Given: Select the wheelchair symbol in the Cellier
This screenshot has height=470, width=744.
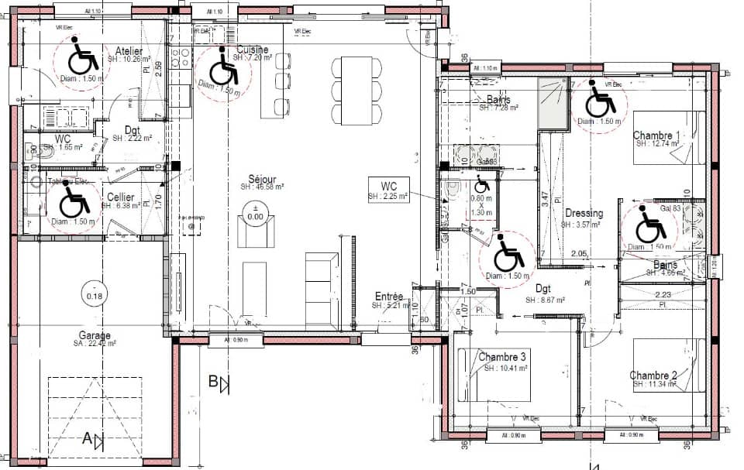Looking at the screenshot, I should point(74,203).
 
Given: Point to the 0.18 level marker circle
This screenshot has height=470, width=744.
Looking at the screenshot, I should point(95,295).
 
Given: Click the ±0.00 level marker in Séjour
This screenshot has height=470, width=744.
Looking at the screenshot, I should point(255,212).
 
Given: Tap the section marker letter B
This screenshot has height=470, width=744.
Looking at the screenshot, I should point(213,382).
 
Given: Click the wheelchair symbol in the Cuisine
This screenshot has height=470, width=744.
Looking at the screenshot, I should point(224,70).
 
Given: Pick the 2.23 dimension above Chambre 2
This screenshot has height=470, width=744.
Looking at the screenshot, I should point(663,296).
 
